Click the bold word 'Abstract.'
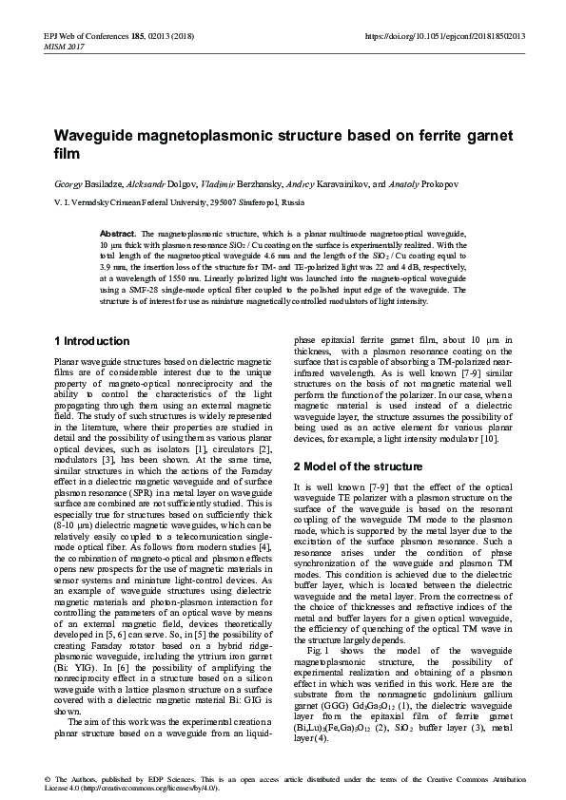point(118,233)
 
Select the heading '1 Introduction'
point(92,341)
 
